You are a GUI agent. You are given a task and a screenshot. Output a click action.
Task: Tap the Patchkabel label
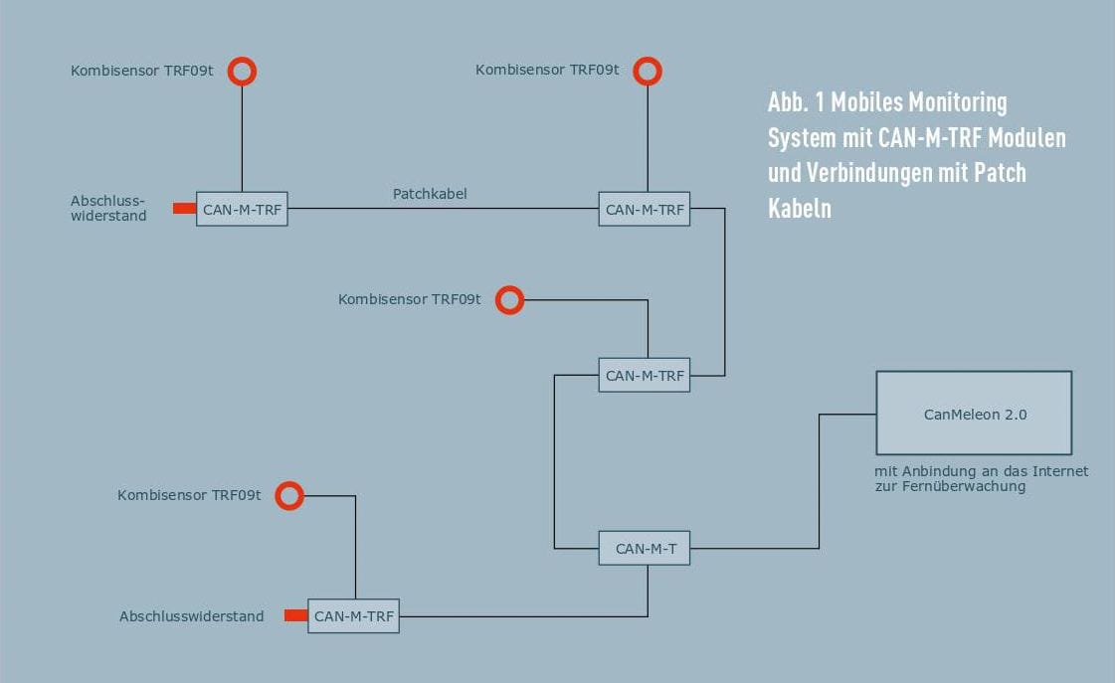[x=430, y=193]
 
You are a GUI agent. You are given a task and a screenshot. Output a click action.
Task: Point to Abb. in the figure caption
[x=788, y=102]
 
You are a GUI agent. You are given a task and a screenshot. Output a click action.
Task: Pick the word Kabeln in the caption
[x=800, y=208]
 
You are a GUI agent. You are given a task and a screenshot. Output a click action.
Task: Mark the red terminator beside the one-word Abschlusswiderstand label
[x=295, y=615]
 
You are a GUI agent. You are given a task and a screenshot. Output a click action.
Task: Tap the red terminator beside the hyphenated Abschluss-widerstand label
[x=184, y=208]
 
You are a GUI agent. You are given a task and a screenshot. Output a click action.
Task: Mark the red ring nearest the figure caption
[x=648, y=59]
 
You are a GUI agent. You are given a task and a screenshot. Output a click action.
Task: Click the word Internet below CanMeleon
[x=1060, y=471]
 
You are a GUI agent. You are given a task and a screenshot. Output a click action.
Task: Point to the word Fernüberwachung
[x=964, y=487]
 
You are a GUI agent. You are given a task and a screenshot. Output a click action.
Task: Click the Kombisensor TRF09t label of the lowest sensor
[x=189, y=495]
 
